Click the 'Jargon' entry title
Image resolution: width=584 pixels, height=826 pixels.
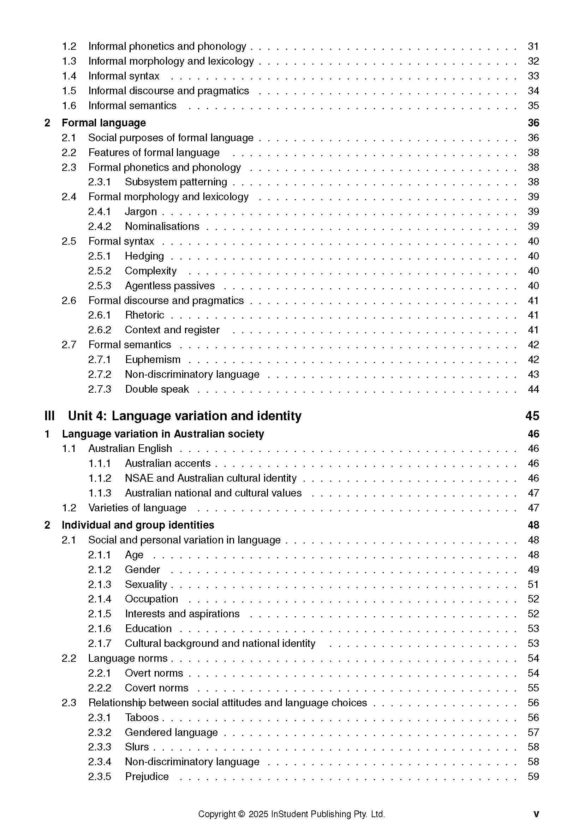[x=141, y=212]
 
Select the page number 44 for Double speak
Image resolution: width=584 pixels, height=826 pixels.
[x=533, y=389]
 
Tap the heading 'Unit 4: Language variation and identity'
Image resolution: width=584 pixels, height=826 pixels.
[x=185, y=416]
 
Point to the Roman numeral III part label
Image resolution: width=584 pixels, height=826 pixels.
[x=49, y=416]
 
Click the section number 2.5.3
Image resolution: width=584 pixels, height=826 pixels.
[x=100, y=286]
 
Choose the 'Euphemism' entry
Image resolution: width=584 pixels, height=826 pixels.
[x=153, y=359]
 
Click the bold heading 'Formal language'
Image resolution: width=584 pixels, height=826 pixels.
[x=103, y=123]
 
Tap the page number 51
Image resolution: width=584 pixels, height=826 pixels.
[x=533, y=584]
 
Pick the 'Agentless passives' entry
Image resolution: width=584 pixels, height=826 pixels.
[x=170, y=286]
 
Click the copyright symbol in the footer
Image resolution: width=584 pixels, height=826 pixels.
[x=241, y=814]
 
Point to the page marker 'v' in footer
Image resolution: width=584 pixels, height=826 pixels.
[x=536, y=814]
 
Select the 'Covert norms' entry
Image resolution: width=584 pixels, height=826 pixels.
[x=156, y=688]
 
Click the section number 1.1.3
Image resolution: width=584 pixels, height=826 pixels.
[x=100, y=493]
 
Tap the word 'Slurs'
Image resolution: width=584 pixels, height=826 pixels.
[x=137, y=747]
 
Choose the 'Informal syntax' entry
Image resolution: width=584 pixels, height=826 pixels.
[x=124, y=76]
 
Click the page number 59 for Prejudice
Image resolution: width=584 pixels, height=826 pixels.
[x=533, y=776]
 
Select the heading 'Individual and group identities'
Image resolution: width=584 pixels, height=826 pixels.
[x=138, y=525]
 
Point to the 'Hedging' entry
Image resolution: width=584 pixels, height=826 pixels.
[x=144, y=256]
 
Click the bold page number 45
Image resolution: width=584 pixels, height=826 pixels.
[x=532, y=416]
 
